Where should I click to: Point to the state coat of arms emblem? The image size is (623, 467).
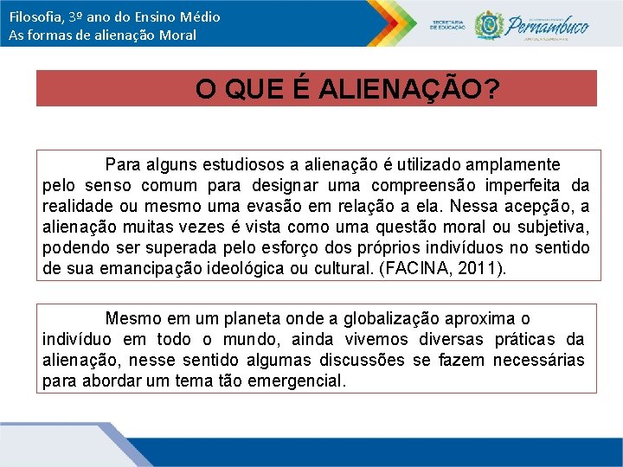pos(490,23)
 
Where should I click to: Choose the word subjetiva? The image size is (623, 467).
pos(555,227)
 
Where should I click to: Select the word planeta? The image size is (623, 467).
pos(246,318)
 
